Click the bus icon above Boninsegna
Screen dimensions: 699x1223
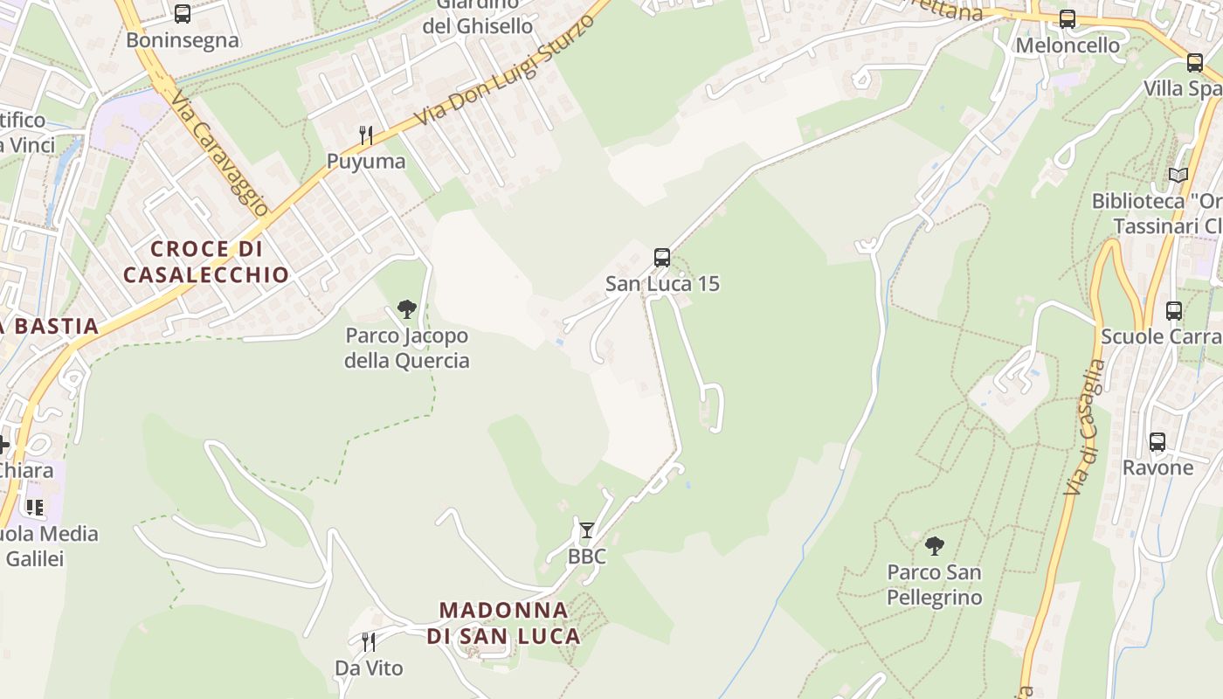point(182,14)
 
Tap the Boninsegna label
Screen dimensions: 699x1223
point(182,40)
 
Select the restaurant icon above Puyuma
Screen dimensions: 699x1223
point(366,135)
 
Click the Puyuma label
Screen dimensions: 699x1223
point(366,162)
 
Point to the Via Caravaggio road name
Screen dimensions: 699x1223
point(219,153)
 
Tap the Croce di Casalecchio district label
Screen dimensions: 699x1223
point(206,262)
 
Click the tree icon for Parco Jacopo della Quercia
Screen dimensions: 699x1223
point(406,308)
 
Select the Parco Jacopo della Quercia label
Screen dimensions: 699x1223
point(406,348)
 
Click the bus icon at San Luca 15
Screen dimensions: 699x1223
point(662,258)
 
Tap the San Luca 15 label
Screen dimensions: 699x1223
point(662,284)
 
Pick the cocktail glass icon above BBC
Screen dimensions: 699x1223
point(587,530)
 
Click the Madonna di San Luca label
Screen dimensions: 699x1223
point(504,623)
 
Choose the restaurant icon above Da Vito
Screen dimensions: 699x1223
point(369,642)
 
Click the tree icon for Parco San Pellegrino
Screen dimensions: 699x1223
point(935,546)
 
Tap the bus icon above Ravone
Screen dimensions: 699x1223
point(1157,442)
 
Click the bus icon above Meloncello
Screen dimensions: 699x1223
point(1068,19)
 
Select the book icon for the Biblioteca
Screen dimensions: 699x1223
point(1178,175)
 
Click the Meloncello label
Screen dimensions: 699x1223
point(1068,45)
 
